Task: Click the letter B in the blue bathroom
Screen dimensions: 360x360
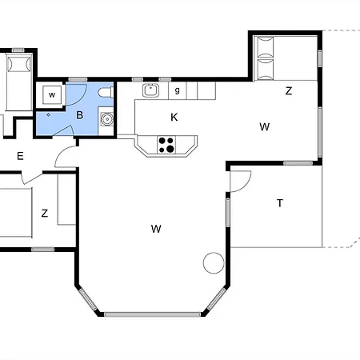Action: tap(79, 115)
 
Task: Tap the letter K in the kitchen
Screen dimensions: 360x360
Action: tap(174, 117)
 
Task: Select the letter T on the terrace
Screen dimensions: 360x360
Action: tap(280, 203)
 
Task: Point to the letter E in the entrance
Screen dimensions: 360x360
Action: tap(20, 156)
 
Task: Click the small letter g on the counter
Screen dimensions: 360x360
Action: tap(178, 90)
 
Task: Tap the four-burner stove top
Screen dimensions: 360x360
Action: tap(166, 145)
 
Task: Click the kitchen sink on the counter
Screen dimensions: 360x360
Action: tap(150, 90)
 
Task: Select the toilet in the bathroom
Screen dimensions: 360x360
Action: tap(106, 93)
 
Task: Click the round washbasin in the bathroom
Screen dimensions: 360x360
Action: tap(107, 119)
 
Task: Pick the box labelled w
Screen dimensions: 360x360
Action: tap(52, 94)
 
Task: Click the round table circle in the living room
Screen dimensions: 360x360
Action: tap(214, 262)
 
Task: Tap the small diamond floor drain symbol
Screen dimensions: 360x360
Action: tap(48, 114)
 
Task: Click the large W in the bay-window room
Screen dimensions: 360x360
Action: tap(156, 229)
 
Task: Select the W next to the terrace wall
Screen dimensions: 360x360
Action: tap(264, 126)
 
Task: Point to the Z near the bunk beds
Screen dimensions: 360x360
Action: tap(289, 91)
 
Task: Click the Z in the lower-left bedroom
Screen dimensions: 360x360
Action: tap(45, 214)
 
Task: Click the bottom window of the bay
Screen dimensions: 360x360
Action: tap(152, 314)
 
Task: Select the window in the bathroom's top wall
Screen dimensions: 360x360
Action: tap(78, 79)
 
